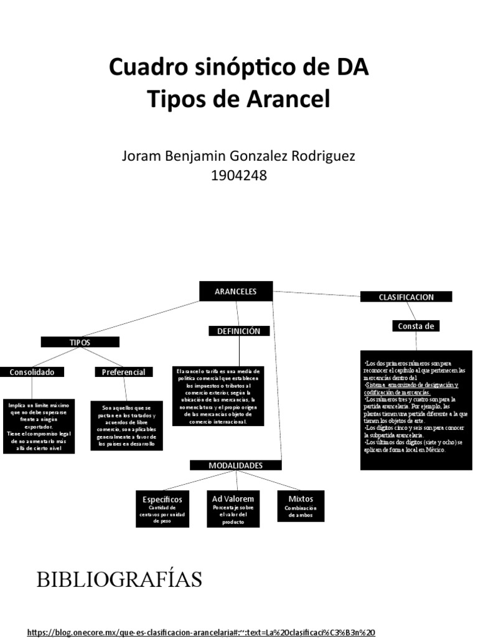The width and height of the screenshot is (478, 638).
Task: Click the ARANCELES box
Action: [x=235, y=291]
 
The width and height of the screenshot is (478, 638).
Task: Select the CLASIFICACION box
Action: [x=406, y=297]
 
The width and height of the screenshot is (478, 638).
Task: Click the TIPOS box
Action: [x=80, y=342]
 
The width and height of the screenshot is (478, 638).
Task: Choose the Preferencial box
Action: [x=123, y=372]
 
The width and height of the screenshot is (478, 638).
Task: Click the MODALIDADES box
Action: [x=235, y=465]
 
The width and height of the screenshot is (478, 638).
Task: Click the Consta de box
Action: [x=416, y=326]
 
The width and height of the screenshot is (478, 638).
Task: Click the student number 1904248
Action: [x=239, y=176]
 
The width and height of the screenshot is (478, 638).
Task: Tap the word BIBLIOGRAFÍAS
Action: [x=119, y=579]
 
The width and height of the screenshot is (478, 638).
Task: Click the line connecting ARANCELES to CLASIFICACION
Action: [x=317, y=293]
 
